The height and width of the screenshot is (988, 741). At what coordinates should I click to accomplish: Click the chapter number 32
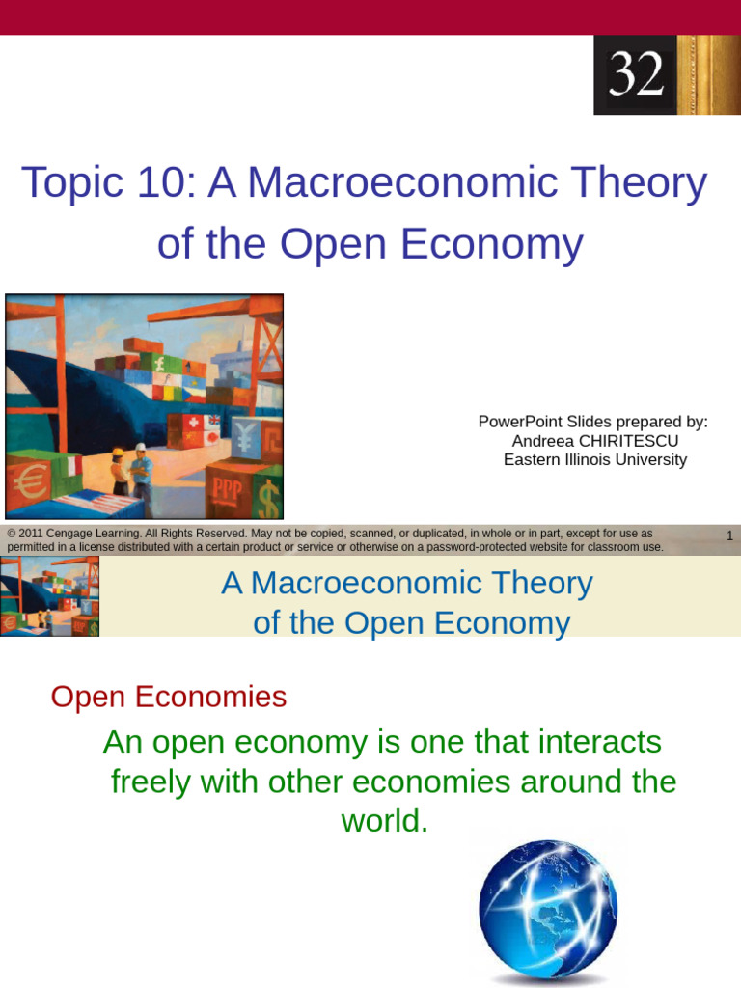point(637,74)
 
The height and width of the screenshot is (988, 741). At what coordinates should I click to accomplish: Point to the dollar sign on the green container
point(267,498)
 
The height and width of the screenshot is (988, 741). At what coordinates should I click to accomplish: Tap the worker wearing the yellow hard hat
point(119,470)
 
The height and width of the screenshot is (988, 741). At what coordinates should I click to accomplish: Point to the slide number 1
point(729,535)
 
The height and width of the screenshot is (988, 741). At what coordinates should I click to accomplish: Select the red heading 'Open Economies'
point(169,697)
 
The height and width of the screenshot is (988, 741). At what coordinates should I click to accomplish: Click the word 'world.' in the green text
point(384,821)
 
